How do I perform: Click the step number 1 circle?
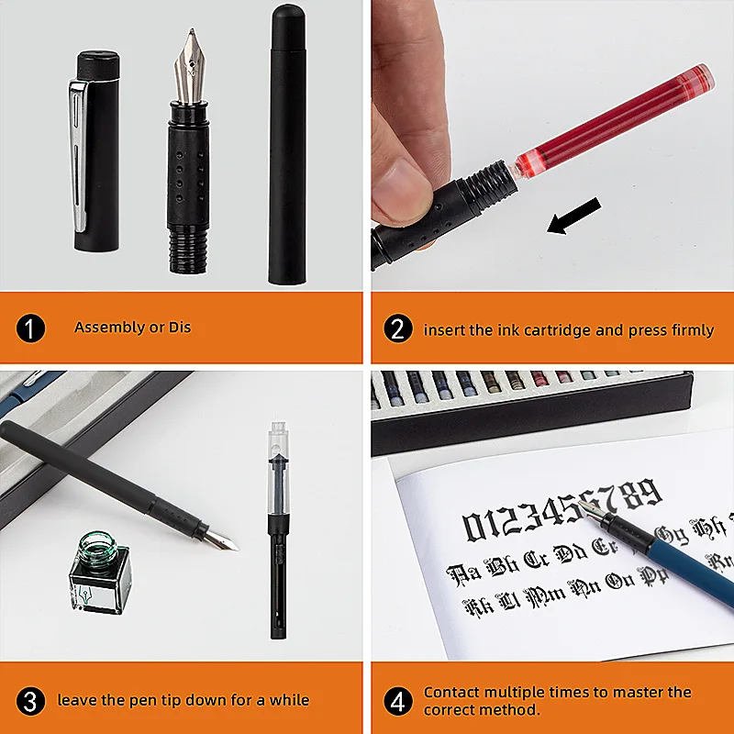tap(30, 328)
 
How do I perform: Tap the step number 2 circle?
tap(397, 328)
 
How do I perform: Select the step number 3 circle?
tap(30, 702)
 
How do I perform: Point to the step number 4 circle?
tap(397, 702)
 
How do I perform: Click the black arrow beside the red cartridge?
tap(573, 217)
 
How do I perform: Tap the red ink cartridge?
tap(615, 119)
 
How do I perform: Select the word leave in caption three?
tap(76, 700)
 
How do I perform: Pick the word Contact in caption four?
tap(450, 692)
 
